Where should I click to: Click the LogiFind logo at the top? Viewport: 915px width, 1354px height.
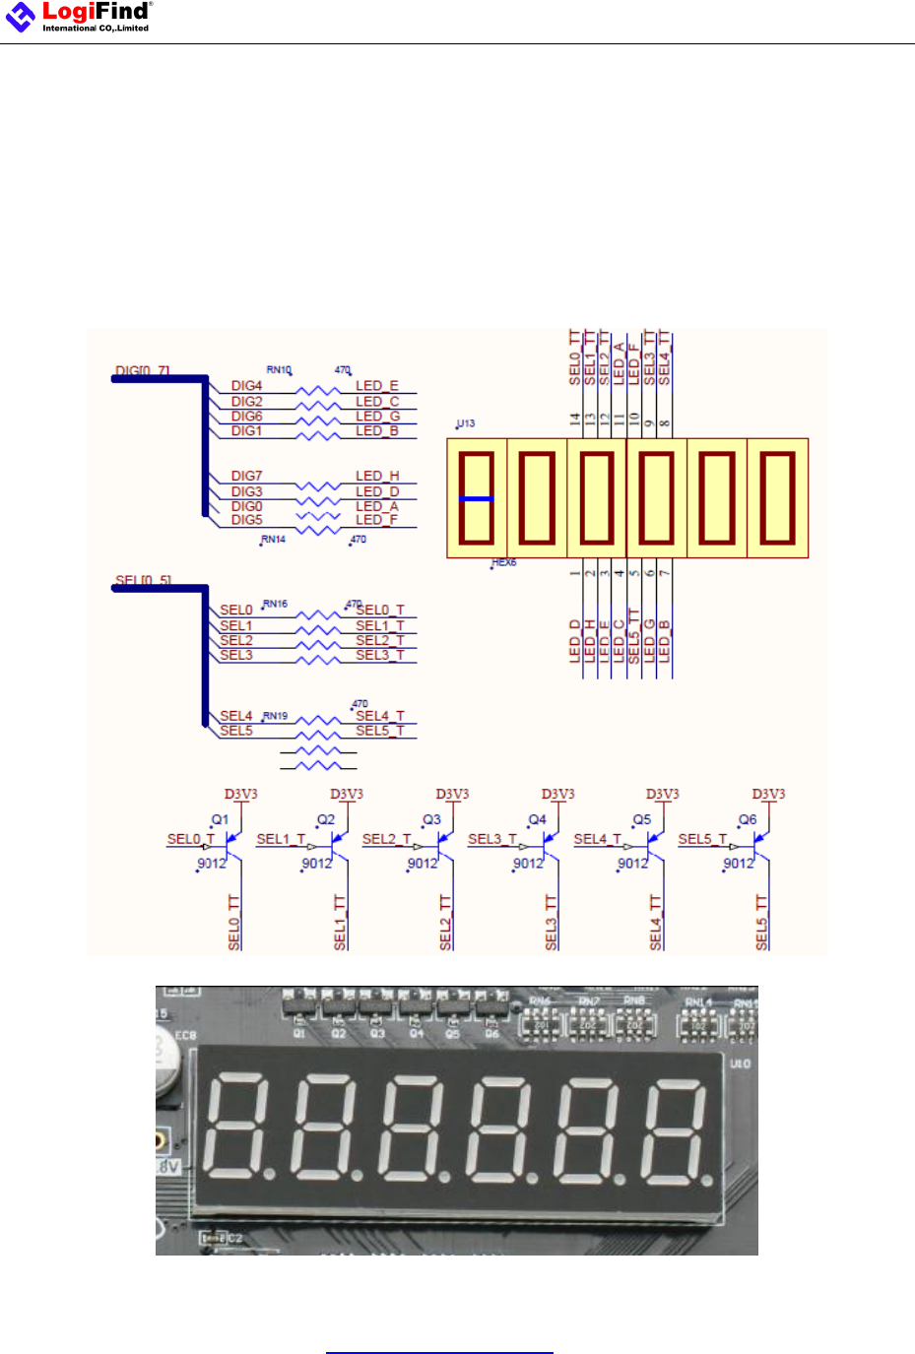pos(79,17)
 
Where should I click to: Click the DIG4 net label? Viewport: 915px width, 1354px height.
pos(246,386)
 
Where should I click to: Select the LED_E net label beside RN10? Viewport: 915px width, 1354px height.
pos(376,386)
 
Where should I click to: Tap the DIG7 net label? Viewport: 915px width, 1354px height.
pos(246,476)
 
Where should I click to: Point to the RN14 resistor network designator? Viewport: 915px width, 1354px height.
pos(274,540)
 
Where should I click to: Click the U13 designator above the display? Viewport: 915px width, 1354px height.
pos(466,423)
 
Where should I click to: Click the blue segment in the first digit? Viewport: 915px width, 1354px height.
pos(477,499)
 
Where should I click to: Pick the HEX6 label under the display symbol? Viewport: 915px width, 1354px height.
pos(504,563)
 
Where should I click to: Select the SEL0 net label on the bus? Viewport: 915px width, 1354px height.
pos(235,611)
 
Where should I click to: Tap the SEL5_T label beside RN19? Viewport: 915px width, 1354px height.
pos(379,731)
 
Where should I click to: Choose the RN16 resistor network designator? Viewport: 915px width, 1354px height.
pos(276,604)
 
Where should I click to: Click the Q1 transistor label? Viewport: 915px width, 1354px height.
pos(221,819)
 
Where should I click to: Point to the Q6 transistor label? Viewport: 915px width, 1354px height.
pos(749,819)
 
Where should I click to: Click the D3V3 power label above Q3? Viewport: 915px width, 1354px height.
pos(452,794)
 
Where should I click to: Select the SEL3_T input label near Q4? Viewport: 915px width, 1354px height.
pos(491,839)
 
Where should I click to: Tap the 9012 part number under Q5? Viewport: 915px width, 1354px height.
pos(633,864)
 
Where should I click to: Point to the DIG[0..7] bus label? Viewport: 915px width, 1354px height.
pos(143,371)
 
